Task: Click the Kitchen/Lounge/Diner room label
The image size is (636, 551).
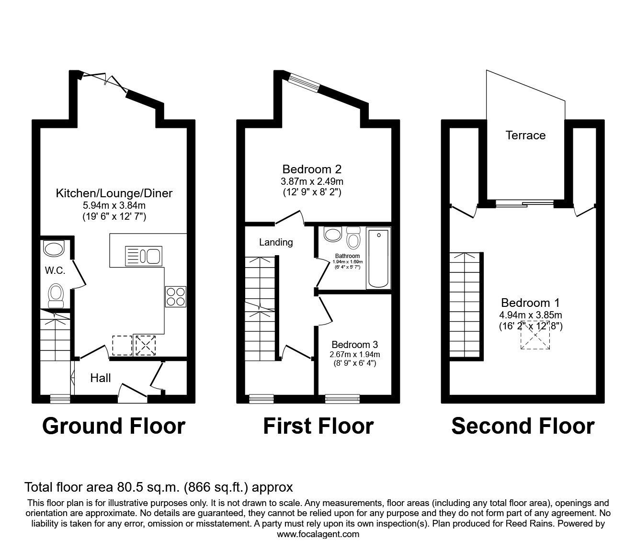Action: (114, 193)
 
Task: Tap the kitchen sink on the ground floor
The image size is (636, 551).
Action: (143, 256)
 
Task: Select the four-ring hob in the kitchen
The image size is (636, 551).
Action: (176, 296)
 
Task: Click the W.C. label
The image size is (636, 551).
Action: (55, 270)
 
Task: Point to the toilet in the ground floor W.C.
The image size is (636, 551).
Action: (56, 295)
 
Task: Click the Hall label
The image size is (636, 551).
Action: (101, 378)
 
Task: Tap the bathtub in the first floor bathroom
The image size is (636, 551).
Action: (378, 259)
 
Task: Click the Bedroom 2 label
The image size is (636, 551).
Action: (312, 169)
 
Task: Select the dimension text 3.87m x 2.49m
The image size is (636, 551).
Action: (312, 181)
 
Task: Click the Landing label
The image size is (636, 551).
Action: (276, 242)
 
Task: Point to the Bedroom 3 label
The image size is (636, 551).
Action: (354, 344)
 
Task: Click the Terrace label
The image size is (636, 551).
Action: (525, 135)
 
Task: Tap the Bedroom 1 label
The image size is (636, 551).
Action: (530, 303)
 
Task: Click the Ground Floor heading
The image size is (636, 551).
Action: (114, 426)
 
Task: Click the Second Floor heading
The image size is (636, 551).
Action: (522, 426)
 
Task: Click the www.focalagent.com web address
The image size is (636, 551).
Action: (318, 534)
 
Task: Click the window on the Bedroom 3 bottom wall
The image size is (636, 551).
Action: (342, 397)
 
